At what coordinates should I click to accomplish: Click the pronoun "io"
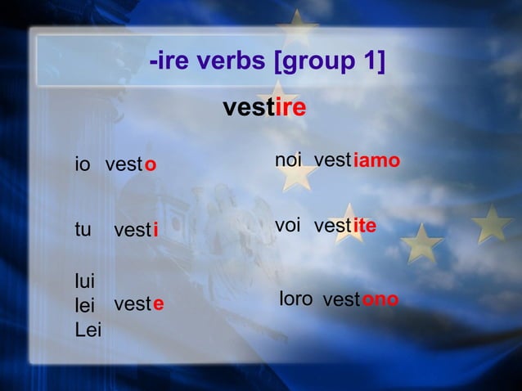coord(82,164)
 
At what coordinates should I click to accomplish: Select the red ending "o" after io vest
coord(151,165)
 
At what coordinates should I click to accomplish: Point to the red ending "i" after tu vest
coord(155,231)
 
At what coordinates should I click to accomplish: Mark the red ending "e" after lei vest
coord(159,304)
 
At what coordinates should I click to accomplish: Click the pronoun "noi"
coord(289,161)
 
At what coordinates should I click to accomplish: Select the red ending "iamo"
coord(376,161)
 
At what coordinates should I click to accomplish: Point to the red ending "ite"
coord(365,225)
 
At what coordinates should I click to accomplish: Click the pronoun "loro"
coord(295,299)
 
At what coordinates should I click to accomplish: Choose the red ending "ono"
coord(380,299)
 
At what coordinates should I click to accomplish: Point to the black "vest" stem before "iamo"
coord(333,161)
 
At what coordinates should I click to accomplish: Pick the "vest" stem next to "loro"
coord(342,300)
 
